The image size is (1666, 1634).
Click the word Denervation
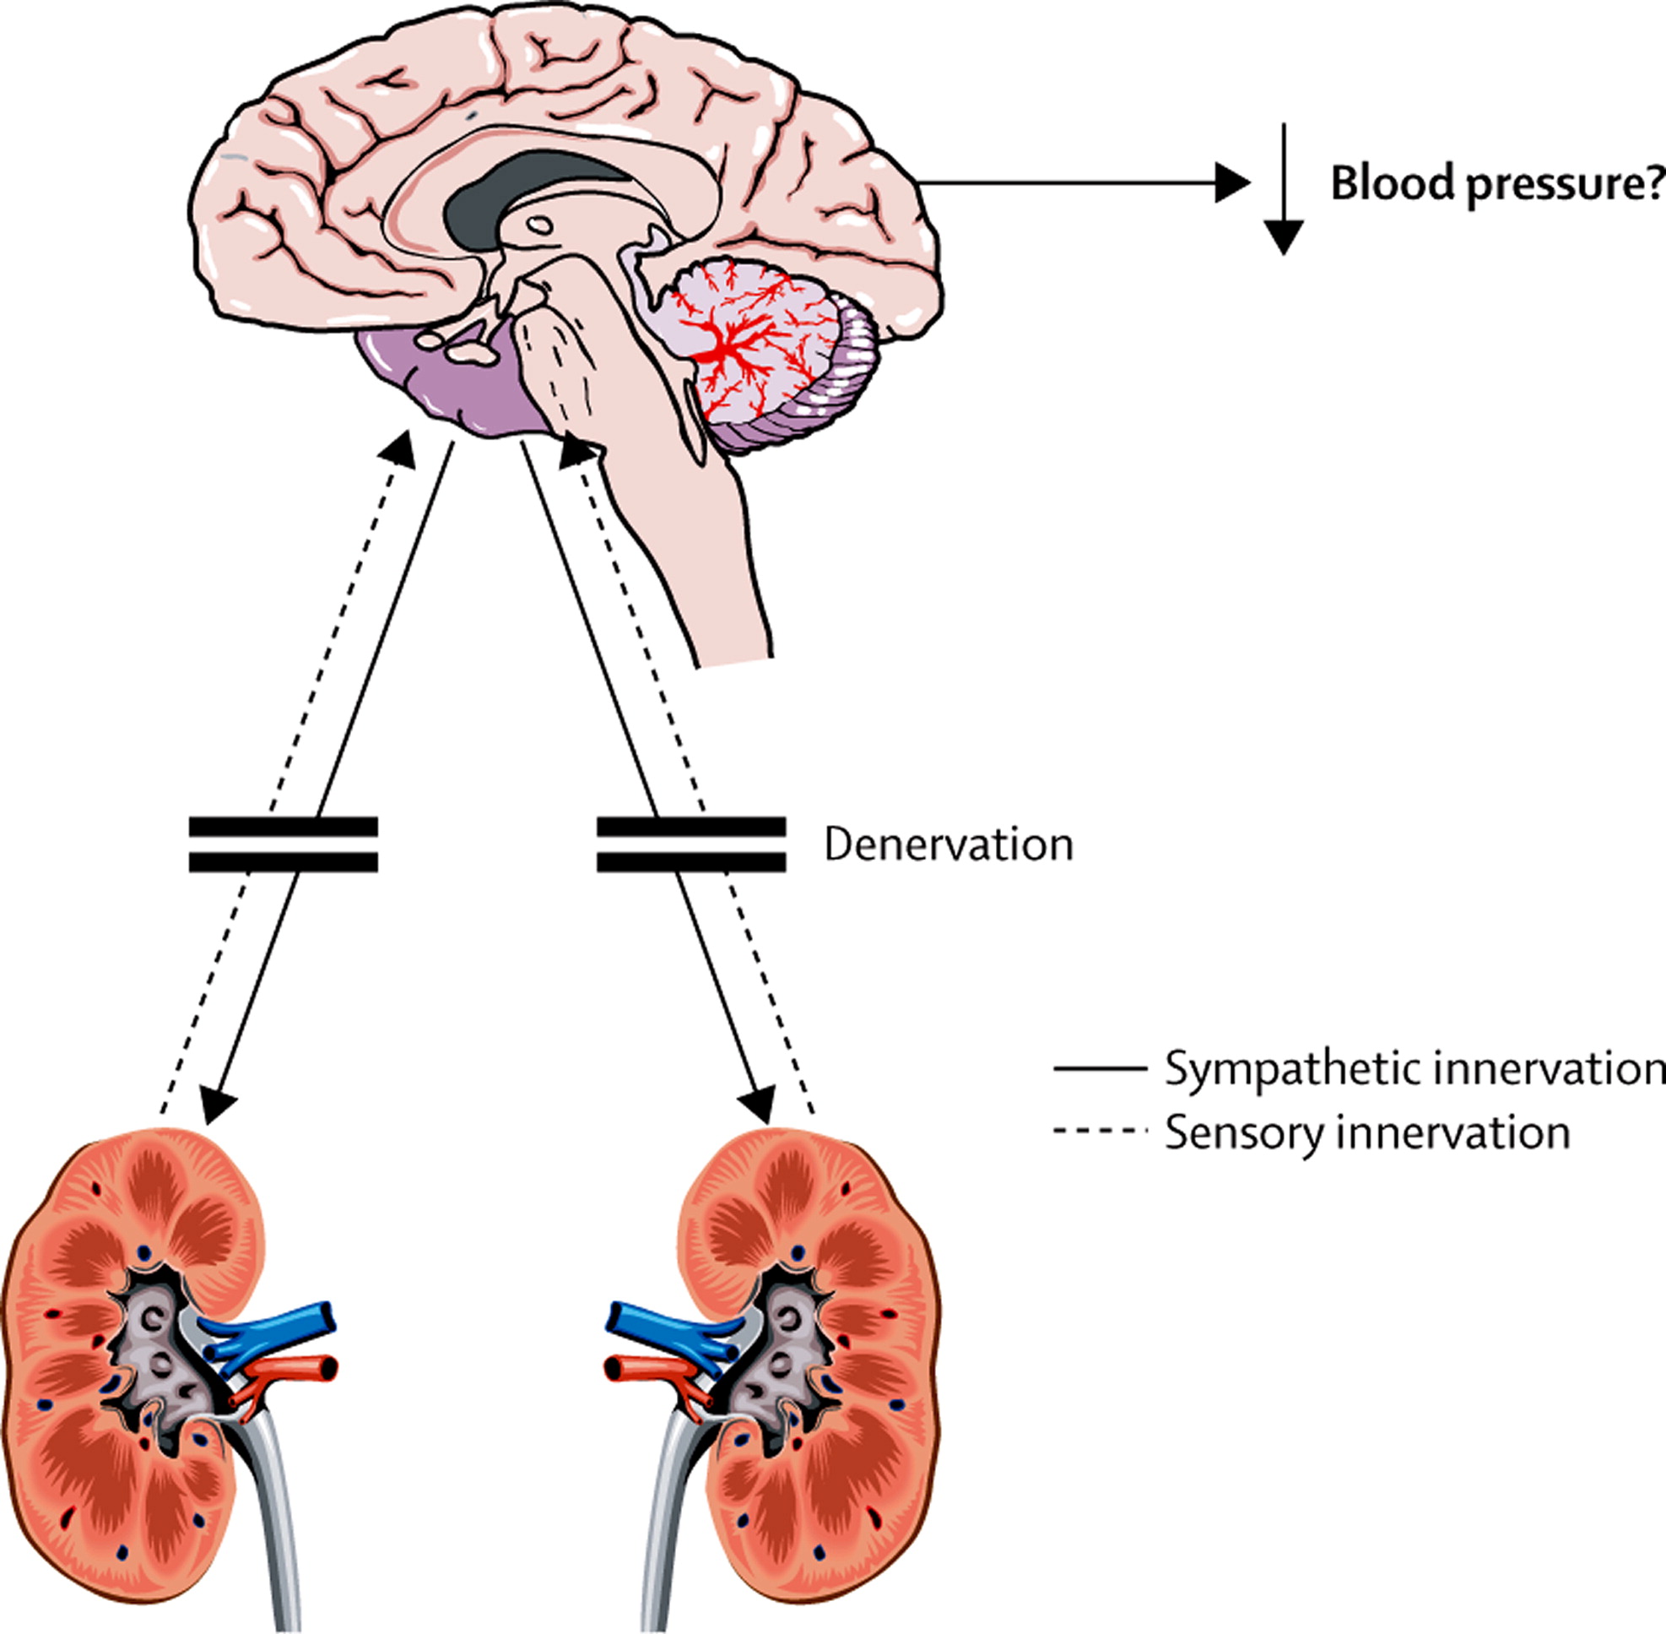tap(948, 845)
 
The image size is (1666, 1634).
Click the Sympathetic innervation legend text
tap(1414, 1069)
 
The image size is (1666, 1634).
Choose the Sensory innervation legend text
tap(1367, 1132)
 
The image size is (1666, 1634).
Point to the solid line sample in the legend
tap(1100, 1069)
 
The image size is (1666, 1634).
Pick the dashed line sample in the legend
tap(1100, 1132)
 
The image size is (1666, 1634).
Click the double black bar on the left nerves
tap(283, 844)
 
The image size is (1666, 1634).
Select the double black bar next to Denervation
tap(690, 844)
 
